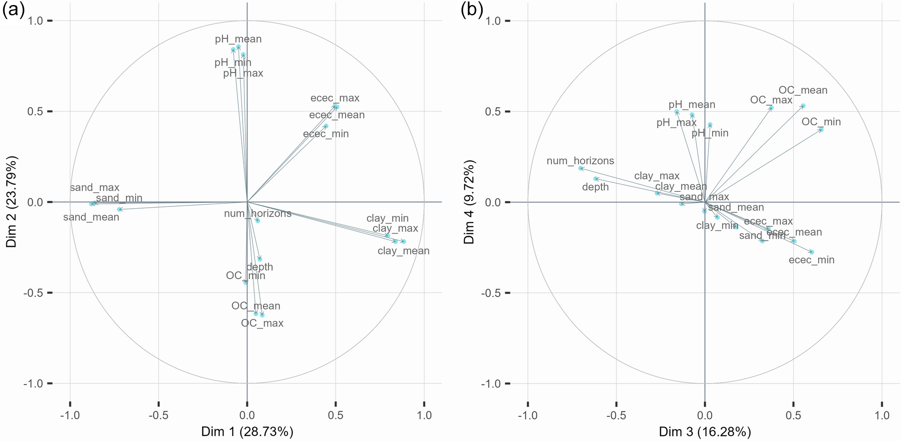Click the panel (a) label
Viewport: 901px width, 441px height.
(13, 10)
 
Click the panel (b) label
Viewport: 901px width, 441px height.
(472, 10)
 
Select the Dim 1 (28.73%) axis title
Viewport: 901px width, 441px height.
(247, 431)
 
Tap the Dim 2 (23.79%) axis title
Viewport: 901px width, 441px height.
(11, 202)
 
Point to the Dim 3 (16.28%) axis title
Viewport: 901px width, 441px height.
(705, 431)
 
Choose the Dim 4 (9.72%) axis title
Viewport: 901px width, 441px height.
(469, 202)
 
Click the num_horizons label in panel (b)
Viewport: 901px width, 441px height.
(580, 161)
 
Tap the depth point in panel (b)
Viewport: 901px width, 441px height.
(596, 179)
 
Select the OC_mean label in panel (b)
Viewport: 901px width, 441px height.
(803, 90)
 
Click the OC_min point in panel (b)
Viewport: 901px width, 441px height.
(821, 129)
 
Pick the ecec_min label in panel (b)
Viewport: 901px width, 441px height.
(811, 260)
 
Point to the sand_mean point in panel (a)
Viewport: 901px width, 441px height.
(119, 210)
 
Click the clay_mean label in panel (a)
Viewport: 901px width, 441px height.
(403, 251)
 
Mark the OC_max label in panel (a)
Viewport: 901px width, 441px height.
(262, 323)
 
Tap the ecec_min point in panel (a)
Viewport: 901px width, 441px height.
(326, 126)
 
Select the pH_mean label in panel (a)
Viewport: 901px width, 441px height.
(238, 39)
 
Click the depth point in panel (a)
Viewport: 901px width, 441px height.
(260, 259)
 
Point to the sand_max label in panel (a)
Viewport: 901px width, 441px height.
(95, 188)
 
